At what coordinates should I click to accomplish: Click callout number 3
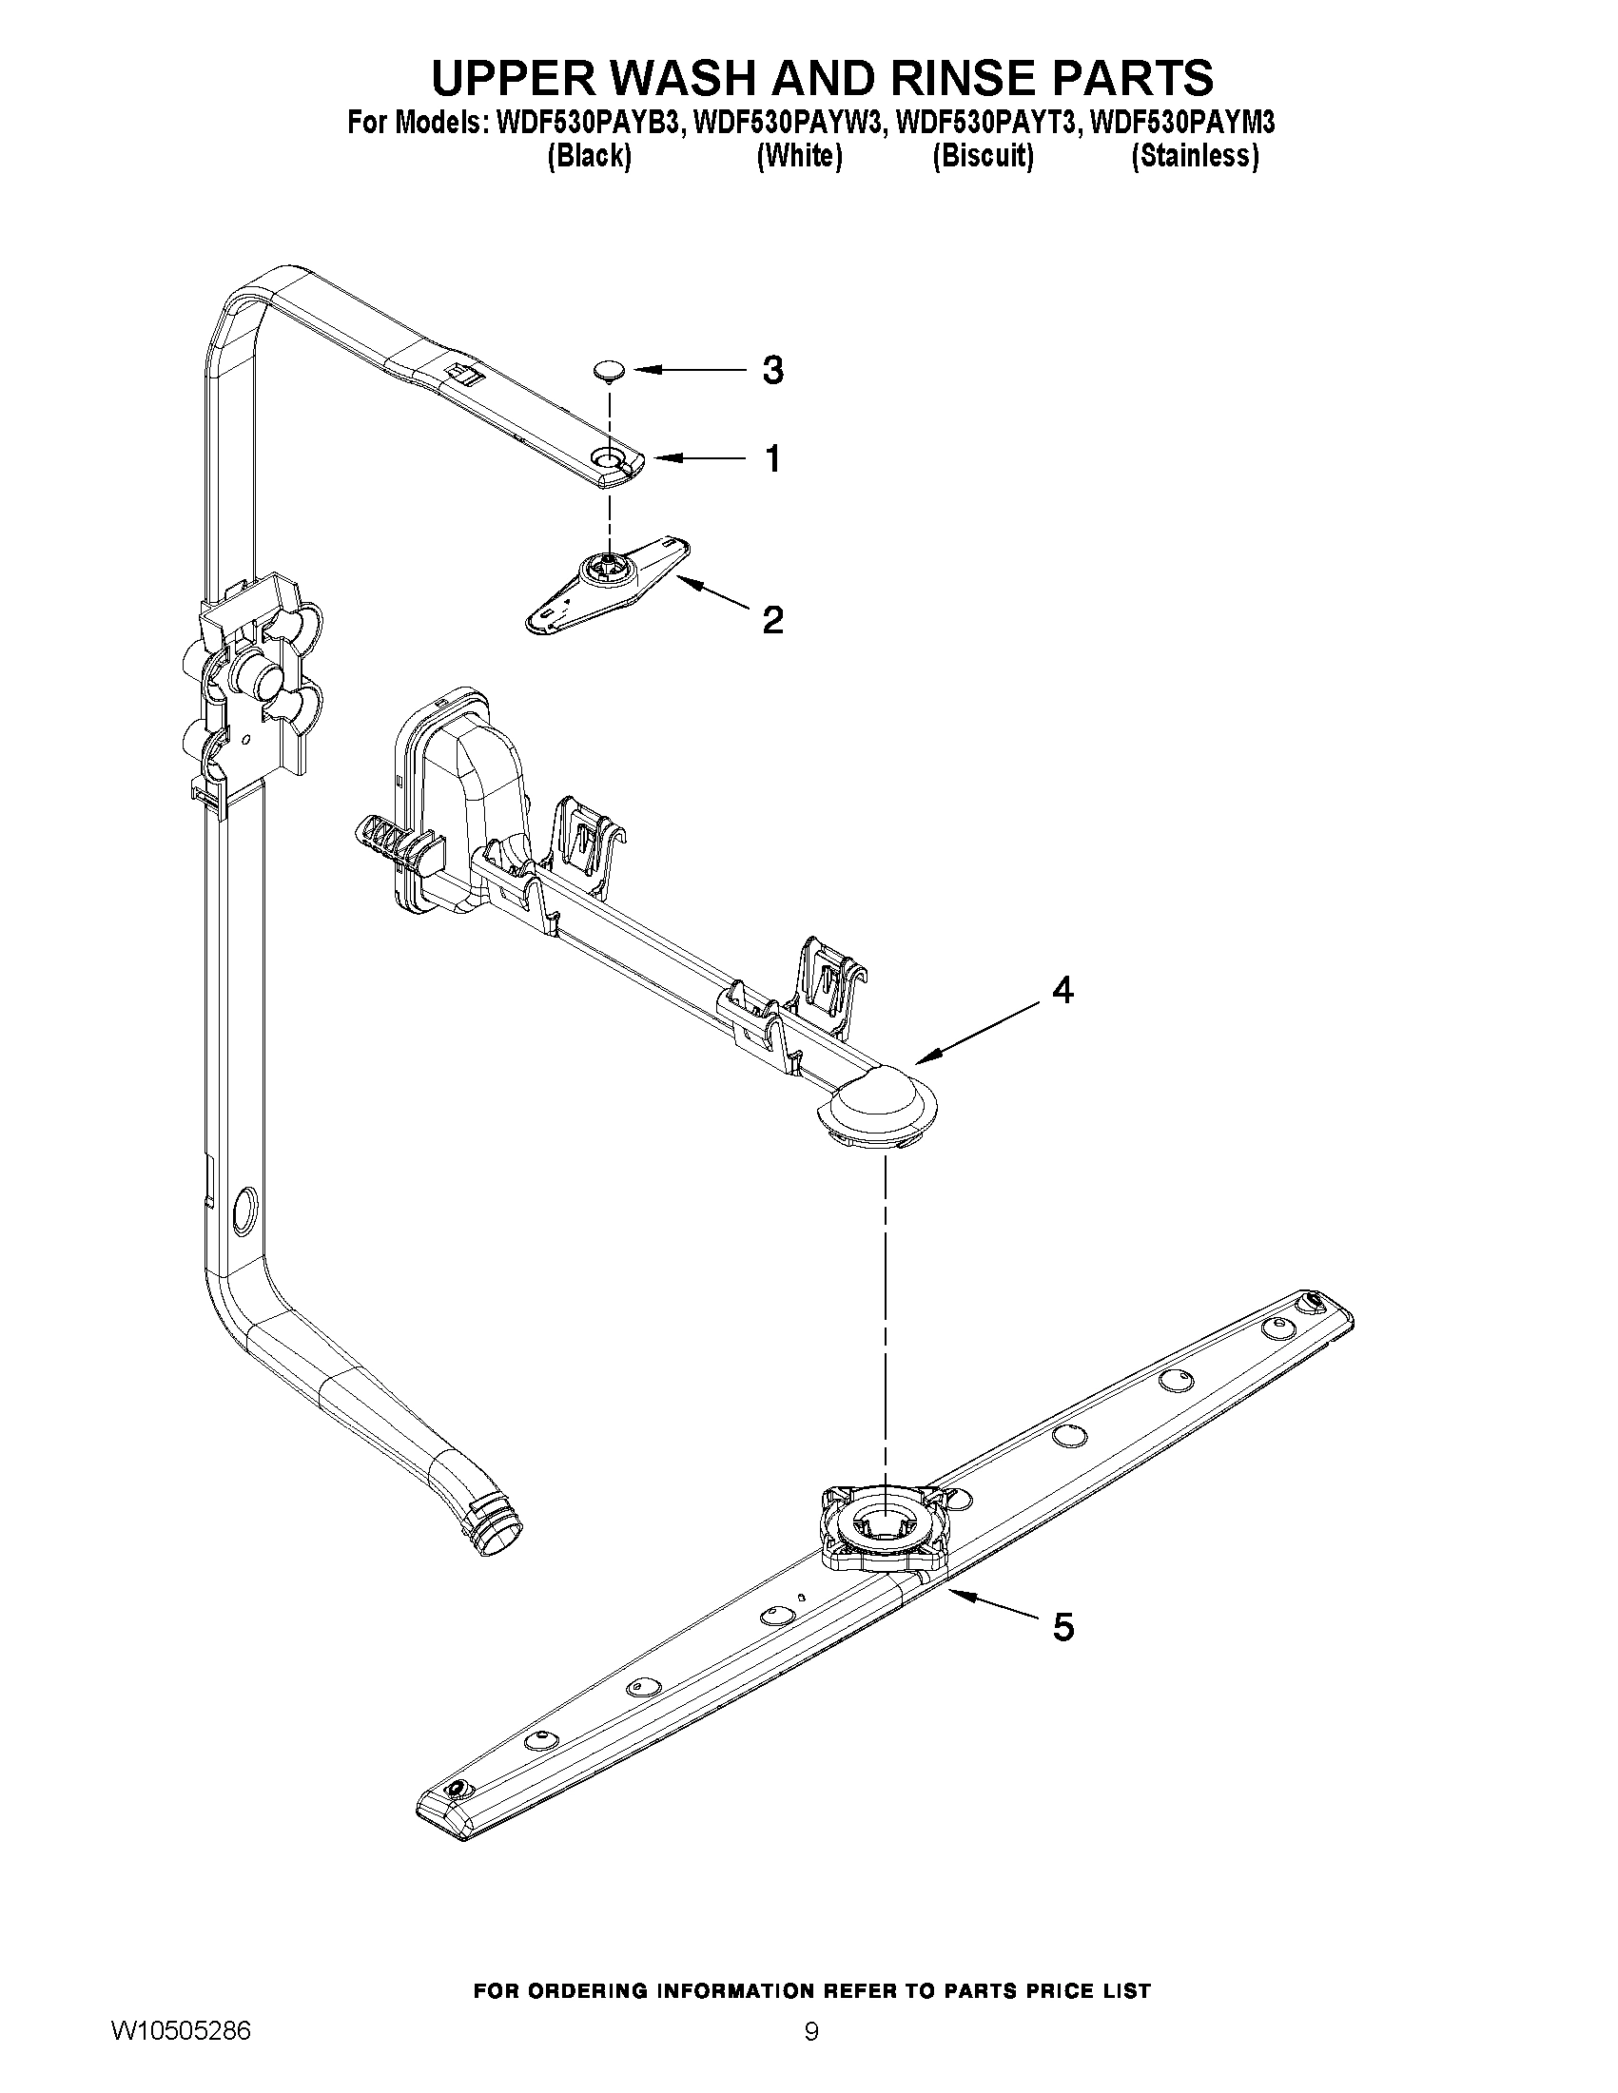coord(772,370)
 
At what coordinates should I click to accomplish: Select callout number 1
coord(772,459)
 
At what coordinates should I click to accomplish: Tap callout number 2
coord(772,620)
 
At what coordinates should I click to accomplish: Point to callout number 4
coord(1062,990)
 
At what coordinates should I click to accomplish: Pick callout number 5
coord(1063,1626)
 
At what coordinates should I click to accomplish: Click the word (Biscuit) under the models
coord(983,156)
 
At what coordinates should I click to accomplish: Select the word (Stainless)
coord(1195,156)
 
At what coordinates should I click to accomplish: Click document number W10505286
coord(181,2030)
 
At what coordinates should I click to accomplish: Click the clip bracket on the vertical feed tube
coord(254,686)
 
